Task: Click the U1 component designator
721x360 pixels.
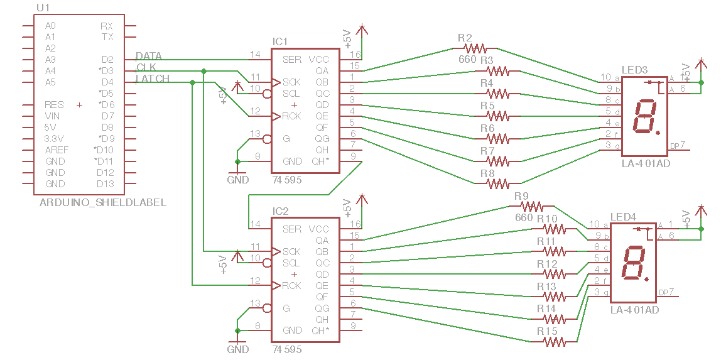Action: tap(43, 8)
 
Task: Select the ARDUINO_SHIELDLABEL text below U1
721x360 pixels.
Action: tap(103, 202)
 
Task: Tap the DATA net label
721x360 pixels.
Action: tap(149, 57)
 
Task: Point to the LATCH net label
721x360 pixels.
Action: tap(153, 79)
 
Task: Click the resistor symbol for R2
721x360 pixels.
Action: tap(475, 48)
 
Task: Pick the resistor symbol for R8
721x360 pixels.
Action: tap(497, 183)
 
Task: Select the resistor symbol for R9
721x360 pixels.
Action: tap(531, 206)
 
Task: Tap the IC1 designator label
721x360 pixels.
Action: tap(279, 41)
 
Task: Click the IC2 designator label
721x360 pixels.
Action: tap(279, 211)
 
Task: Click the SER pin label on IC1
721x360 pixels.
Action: tap(291, 60)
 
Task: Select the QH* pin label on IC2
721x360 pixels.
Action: tap(320, 330)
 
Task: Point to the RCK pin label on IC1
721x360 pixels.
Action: tap(291, 116)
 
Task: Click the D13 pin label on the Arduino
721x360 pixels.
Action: tap(106, 184)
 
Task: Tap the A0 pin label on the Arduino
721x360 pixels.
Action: tap(50, 26)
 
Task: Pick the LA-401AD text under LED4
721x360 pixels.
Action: tap(634, 310)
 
